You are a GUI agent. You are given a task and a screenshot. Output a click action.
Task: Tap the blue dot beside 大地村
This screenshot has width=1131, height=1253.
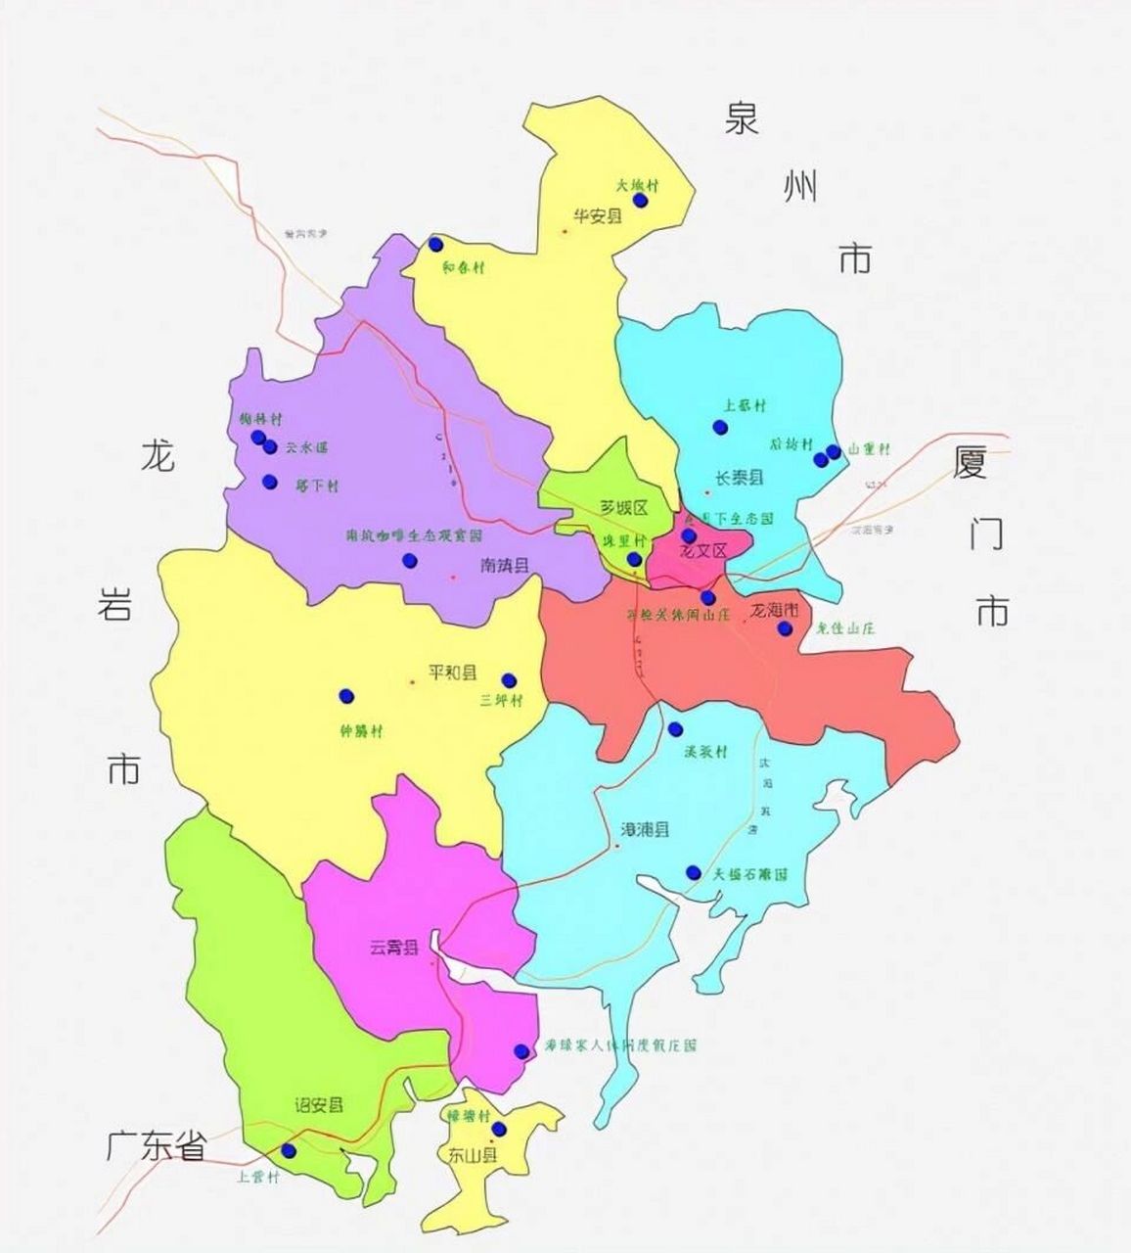pos(640,200)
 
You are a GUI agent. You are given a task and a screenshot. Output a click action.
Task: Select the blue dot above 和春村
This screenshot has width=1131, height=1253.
pos(435,244)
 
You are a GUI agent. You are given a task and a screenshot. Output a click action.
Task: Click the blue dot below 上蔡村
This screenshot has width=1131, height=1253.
pos(720,427)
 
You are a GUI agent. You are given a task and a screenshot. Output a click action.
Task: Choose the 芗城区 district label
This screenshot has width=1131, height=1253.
pos(624,508)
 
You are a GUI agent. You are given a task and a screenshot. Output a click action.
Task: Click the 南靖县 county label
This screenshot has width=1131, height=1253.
pos(505,565)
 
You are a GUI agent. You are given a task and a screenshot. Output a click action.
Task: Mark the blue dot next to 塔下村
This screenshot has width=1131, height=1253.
pos(270,482)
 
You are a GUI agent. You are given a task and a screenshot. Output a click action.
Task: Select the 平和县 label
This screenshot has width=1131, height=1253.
pos(453,673)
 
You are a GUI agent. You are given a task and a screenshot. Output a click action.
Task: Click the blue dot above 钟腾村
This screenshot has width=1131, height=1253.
pos(345,696)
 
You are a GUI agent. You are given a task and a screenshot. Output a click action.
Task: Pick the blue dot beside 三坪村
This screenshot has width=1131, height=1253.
pos(509,680)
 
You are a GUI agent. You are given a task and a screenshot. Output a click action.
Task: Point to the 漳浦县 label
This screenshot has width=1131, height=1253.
pos(646,830)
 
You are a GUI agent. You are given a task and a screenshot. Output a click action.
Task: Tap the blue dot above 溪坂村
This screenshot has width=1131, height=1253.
pos(675,729)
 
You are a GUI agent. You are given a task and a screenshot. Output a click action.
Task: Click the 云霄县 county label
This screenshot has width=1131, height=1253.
pos(393,948)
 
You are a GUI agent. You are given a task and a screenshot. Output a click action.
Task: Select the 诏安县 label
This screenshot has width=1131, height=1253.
pos(320,1105)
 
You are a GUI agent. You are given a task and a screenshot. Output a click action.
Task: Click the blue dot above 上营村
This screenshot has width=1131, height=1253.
pos(288,1150)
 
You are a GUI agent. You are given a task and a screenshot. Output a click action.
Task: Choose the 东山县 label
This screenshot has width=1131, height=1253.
pos(473,1154)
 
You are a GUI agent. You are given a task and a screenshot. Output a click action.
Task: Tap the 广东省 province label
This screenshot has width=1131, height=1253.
pos(157,1146)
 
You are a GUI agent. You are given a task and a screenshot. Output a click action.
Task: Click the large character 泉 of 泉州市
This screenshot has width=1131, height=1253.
pos(742,119)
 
